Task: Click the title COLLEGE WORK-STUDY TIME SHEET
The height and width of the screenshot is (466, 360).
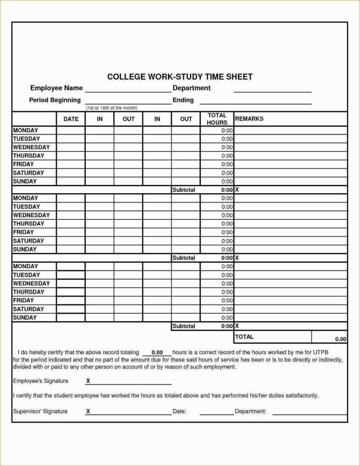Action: pyautogui.click(x=180, y=76)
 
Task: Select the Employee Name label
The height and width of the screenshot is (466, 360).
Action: pyautogui.click(x=56, y=88)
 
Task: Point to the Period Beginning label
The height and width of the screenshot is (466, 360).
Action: pyautogui.click(x=55, y=100)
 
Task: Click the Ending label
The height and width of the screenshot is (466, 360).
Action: pyautogui.click(x=183, y=100)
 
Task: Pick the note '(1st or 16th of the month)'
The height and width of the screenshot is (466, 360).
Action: pyautogui.click(x=112, y=108)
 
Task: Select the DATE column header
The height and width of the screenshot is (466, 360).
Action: pyautogui.click(x=71, y=119)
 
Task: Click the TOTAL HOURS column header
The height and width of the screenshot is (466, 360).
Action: pyautogui.click(x=217, y=119)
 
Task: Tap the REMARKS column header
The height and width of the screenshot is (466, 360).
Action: pyautogui.click(x=249, y=119)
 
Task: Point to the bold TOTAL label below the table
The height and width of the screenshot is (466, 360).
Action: pyautogui.click(x=244, y=337)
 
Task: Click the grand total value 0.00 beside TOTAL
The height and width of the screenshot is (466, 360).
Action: pyautogui.click(x=340, y=339)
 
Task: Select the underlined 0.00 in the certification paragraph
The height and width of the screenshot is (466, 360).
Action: pyautogui.click(x=157, y=352)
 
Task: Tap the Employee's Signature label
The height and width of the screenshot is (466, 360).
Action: pyautogui.click(x=41, y=381)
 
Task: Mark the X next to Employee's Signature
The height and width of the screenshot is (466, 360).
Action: pyautogui.click(x=88, y=381)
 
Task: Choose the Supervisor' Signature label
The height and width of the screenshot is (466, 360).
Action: pyautogui.click(x=40, y=411)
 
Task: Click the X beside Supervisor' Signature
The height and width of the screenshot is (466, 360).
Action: pyautogui.click(x=88, y=412)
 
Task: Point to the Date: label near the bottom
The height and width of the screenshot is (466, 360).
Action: pyautogui.click(x=180, y=411)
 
